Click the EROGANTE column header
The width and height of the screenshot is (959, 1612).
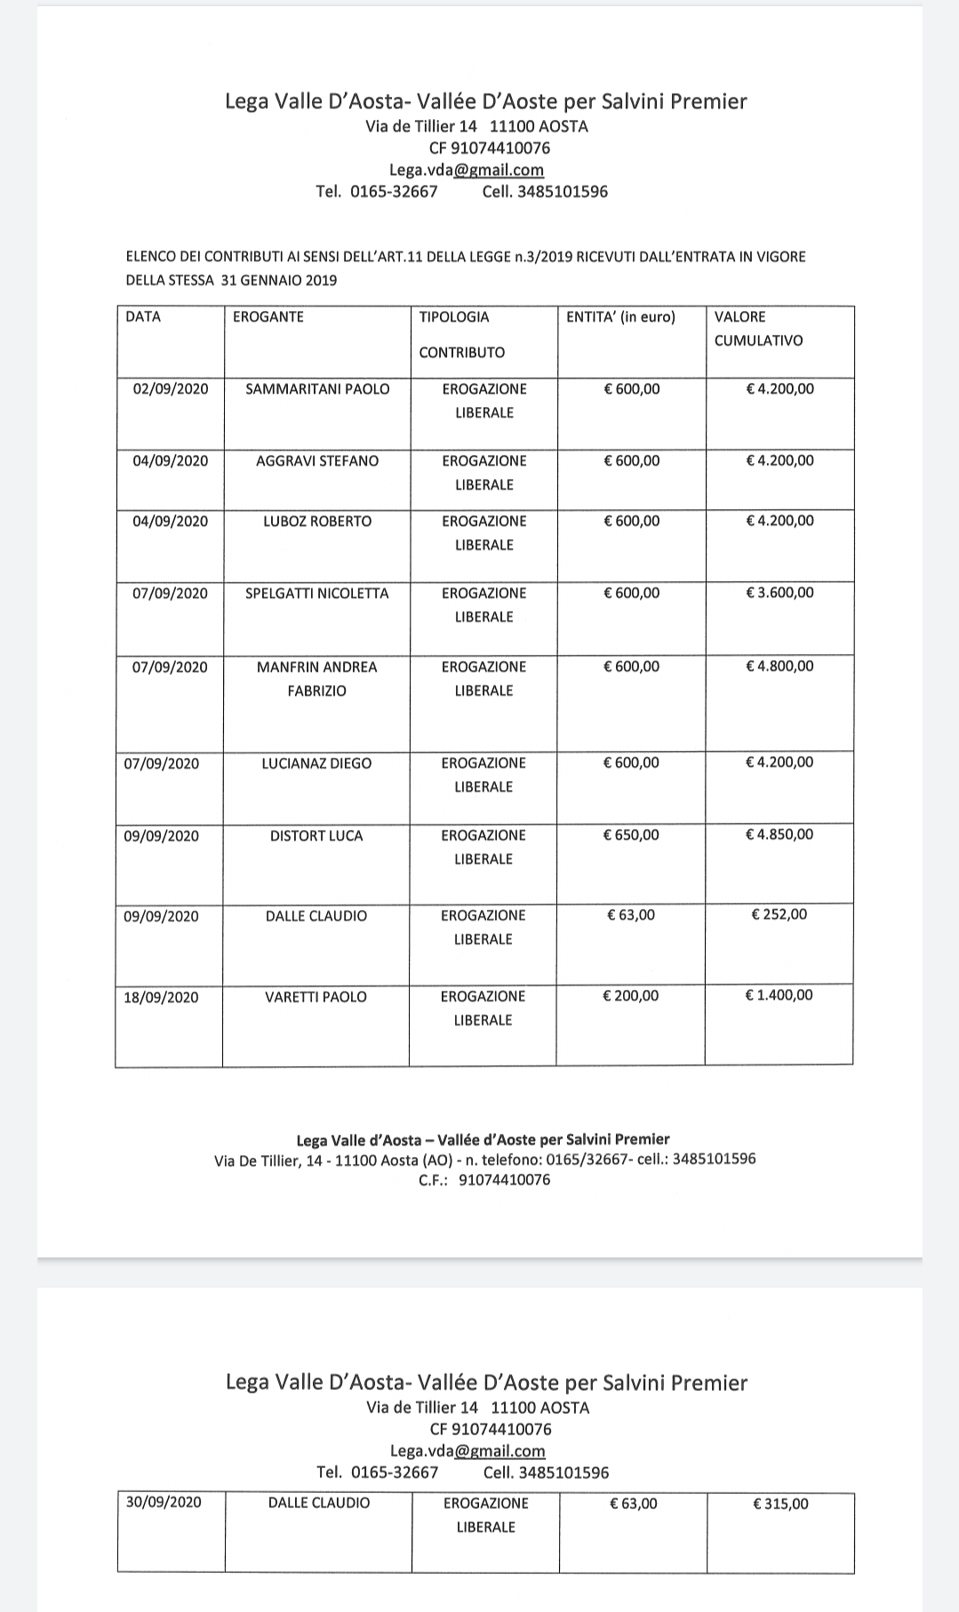tap(268, 317)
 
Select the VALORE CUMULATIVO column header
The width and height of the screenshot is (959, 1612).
tap(758, 329)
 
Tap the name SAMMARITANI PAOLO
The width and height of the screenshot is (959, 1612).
tap(317, 389)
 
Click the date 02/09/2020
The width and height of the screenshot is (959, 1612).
tap(171, 389)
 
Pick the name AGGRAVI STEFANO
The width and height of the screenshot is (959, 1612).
tap(317, 461)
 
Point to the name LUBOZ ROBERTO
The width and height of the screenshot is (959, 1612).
tap(317, 522)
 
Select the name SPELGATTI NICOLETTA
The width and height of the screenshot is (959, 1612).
tap(317, 594)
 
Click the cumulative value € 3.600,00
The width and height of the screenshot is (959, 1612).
tap(779, 593)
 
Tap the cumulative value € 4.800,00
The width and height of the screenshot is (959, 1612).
tap(779, 666)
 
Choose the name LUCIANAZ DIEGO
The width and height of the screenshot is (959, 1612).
tap(316, 763)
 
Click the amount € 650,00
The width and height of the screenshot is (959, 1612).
tap(631, 835)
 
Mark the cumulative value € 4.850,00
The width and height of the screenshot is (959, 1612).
tap(779, 834)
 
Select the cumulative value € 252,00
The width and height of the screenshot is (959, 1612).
tap(779, 914)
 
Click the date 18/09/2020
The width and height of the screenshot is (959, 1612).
tap(162, 997)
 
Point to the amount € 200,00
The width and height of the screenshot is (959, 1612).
tap(631, 996)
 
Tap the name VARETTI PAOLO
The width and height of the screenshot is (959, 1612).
tap(316, 997)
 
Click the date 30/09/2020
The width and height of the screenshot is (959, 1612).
tap(164, 1502)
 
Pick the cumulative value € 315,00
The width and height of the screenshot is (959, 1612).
tap(780, 1504)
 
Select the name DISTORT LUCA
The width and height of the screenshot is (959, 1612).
tap(316, 836)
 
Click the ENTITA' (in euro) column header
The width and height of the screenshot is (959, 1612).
tap(620, 317)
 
